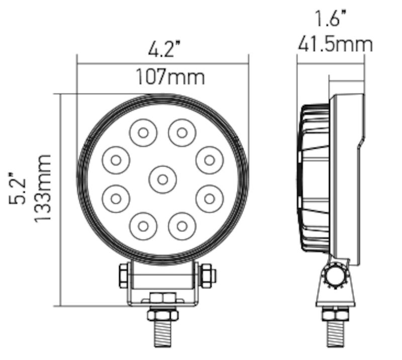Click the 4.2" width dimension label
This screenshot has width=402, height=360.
coord(163,50)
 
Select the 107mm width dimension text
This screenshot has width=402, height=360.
coord(169,77)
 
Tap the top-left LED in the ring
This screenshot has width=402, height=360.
coord(143,133)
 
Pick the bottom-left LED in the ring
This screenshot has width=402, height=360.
coord(143,225)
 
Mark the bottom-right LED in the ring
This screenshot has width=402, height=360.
coord(182,225)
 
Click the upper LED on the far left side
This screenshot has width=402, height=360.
coord(116,160)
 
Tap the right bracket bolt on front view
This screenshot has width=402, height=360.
coord(207,276)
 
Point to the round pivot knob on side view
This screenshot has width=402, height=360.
coord(336,276)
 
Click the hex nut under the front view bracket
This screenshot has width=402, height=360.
coord(162,314)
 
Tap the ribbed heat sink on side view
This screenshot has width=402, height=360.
coord(315,178)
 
